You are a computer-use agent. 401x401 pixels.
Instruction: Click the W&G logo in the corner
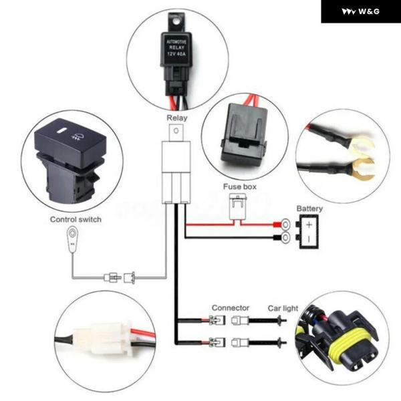point(361,11)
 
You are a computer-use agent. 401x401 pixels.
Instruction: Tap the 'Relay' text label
point(177,118)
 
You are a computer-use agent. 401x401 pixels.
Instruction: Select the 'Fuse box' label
point(240,186)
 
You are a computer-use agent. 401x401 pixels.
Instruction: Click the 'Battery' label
point(309,209)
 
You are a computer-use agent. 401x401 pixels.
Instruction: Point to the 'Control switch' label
point(76,219)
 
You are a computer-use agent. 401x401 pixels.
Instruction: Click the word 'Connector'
point(231,308)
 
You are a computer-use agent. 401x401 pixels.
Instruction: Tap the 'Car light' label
point(283,308)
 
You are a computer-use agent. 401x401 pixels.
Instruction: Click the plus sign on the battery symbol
point(309,225)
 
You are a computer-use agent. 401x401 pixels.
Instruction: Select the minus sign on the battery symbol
point(309,239)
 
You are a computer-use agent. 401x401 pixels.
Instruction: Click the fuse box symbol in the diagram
point(238,207)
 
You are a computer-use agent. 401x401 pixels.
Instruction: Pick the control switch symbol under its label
point(72,239)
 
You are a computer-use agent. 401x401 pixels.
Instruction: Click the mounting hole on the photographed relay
point(176,22)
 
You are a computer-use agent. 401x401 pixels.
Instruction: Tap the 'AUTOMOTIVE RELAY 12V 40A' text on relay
point(176,47)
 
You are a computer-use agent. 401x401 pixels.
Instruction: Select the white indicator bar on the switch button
point(62,131)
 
